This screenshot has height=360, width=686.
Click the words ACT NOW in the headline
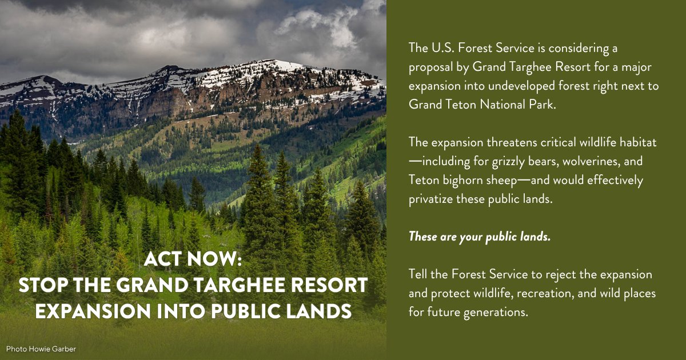tap(193, 259)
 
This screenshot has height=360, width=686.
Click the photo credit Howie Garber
tap(41, 349)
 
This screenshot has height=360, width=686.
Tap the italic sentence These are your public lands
tap(479, 237)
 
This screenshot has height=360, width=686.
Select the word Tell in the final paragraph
tap(418, 274)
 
